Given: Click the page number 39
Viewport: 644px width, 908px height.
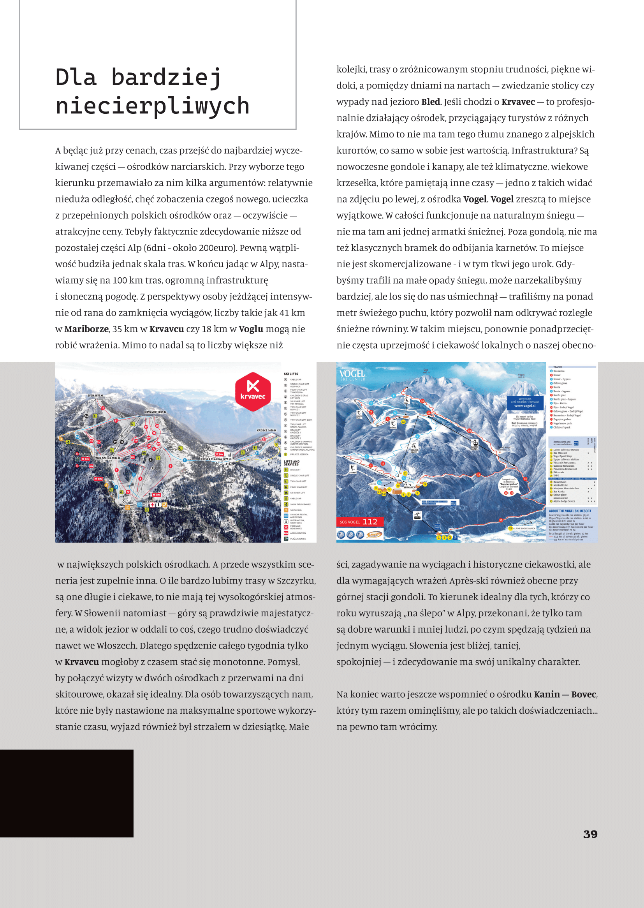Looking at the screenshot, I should click(590, 834).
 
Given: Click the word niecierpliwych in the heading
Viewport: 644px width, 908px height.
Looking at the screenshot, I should click(153, 106).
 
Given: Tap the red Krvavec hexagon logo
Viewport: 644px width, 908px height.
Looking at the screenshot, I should click(253, 391).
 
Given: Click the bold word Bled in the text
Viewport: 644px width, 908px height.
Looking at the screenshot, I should click(430, 102).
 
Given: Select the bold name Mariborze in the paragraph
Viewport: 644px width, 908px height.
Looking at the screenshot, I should click(86, 329).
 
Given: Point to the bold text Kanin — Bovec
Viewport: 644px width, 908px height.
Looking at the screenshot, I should click(565, 695).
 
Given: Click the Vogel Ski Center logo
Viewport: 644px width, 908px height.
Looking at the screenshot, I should click(352, 375).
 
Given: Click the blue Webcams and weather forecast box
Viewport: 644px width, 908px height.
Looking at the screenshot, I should click(524, 403).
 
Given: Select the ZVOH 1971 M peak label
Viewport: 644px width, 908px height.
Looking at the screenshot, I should click(95, 395).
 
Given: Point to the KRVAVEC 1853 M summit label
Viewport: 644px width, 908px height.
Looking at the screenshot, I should click(155, 412).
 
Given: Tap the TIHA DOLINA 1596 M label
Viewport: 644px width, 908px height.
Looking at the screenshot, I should click(107, 458).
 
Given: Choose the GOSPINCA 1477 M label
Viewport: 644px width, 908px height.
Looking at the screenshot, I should click(129, 512).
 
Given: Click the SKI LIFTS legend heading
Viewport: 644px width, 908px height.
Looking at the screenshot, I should click(291, 374).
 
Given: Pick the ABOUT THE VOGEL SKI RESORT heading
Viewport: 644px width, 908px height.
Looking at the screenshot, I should click(570, 511).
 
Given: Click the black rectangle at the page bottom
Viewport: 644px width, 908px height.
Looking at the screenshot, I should click(67, 793).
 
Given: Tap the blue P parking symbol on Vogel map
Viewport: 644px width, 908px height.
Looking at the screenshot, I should click(455, 538).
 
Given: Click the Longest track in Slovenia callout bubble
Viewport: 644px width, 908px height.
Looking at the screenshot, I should click(509, 485).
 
